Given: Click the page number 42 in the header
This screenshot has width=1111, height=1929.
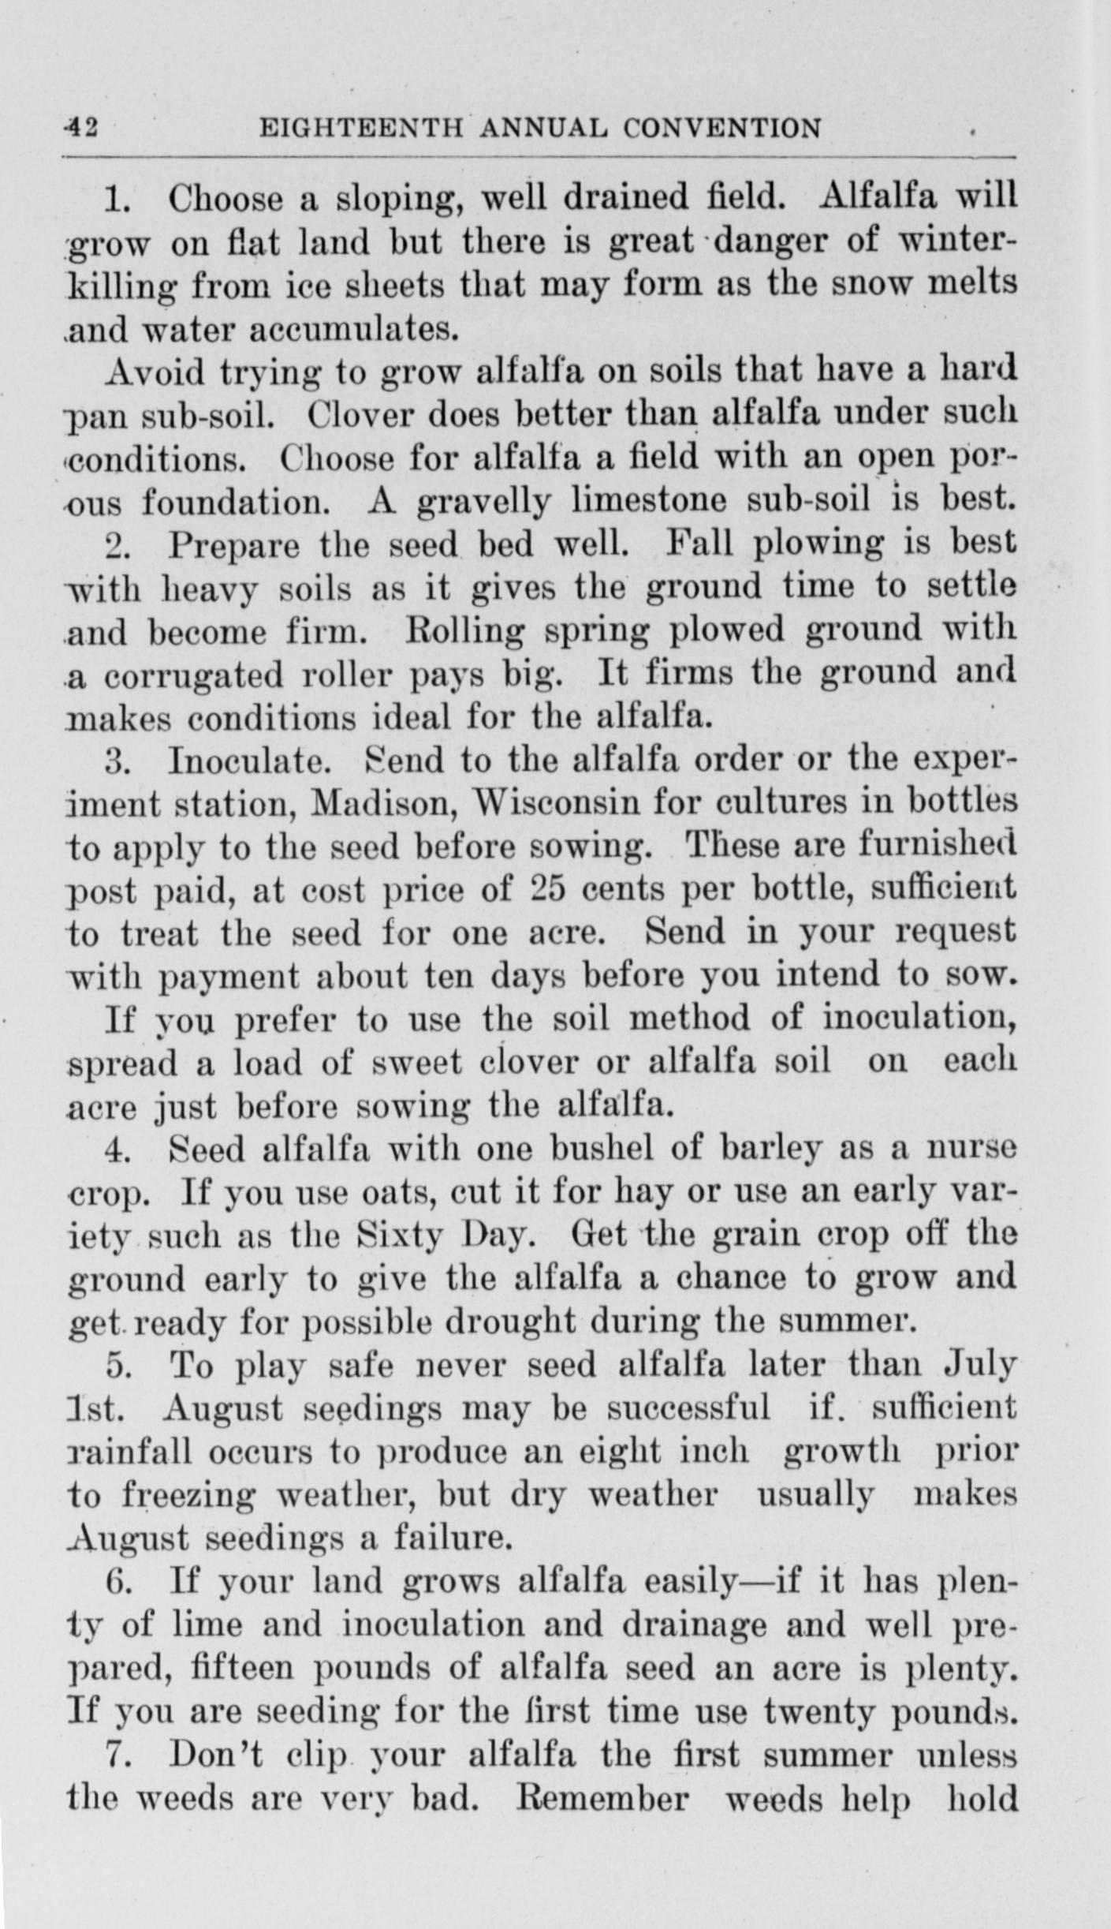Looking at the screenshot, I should pyautogui.click(x=81, y=127).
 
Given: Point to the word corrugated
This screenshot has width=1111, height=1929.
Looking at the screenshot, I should pyautogui.click(x=193, y=675).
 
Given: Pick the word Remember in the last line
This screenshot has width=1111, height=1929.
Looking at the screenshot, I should pyautogui.click(x=602, y=1799).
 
